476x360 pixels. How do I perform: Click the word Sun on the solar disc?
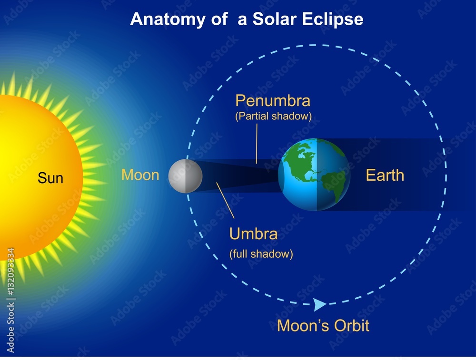coord(50,178)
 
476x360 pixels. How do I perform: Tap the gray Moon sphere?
coord(185,176)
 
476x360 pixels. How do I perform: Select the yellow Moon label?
coord(140,175)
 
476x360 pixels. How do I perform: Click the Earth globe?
coord(314,175)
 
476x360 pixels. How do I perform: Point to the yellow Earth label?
coord(385,175)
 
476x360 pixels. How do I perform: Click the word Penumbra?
coord(273,101)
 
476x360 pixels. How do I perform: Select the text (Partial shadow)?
coord(273,117)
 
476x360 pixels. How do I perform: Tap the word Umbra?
coord(253,234)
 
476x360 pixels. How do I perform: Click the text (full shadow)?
coord(261,254)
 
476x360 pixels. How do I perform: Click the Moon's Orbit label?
coord(323,326)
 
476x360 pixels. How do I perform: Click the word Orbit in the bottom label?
coord(351,326)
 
